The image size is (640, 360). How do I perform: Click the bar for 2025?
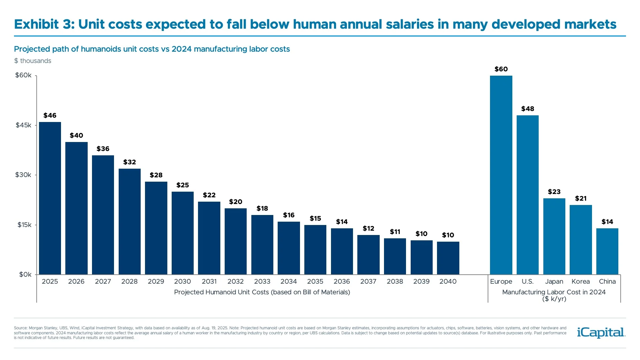pyautogui.click(x=50, y=198)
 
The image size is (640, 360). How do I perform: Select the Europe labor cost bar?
pyautogui.click(x=501, y=175)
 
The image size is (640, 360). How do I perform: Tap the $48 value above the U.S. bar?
pyautogui.click(x=528, y=109)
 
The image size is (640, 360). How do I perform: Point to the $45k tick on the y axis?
pyautogui.click(x=23, y=125)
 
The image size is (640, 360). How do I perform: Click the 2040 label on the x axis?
pyautogui.click(x=448, y=281)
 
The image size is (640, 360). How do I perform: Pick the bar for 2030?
pyautogui.click(x=183, y=233)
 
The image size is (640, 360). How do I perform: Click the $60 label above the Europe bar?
pyautogui.click(x=501, y=69)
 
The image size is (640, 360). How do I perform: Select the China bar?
pyautogui.click(x=607, y=251)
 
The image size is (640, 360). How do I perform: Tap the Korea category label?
pyautogui.click(x=581, y=281)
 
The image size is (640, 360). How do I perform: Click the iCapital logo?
pyautogui.click(x=601, y=332)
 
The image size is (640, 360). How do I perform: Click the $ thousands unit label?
pyautogui.click(x=33, y=61)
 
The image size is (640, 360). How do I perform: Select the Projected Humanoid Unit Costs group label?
pyautogui.click(x=262, y=292)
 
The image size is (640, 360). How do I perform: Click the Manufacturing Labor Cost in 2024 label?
pyautogui.click(x=554, y=292)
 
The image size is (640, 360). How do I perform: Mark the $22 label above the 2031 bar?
pyautogui.click(x=209, y=195)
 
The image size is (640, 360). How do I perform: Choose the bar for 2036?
pyautogui.click(x=342, y=251)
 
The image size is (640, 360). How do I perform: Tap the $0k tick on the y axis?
pyautogui.click(x=25, y=275)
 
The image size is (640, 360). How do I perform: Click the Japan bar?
pyautogui.click(x=554, y=236)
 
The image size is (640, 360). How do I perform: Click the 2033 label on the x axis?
pyautogui.click(x=262, y=281)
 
